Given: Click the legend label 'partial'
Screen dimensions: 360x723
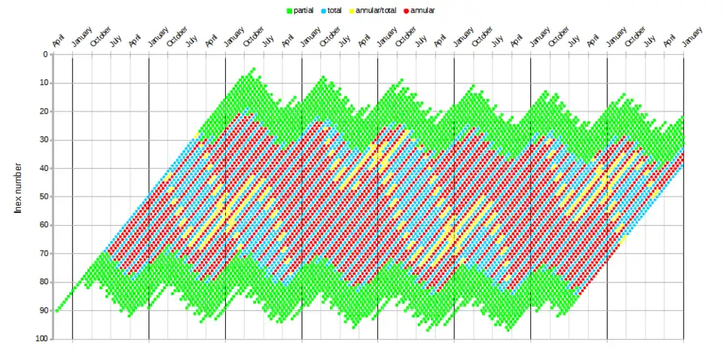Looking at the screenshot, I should point(304,11).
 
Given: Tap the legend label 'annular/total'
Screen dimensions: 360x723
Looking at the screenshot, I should point(377,11).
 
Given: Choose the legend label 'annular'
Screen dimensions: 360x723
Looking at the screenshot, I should point(423,11).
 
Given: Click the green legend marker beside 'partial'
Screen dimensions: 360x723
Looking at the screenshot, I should point(290,11).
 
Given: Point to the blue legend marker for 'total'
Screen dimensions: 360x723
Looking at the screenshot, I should point(323,11).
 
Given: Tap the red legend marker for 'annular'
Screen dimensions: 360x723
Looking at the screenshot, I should point(406,11).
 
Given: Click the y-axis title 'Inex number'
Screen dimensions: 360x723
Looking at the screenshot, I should point(18,188).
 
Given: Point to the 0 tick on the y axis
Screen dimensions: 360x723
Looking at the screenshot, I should point(44,54).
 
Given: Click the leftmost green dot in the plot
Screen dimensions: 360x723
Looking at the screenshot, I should point(56,310).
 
